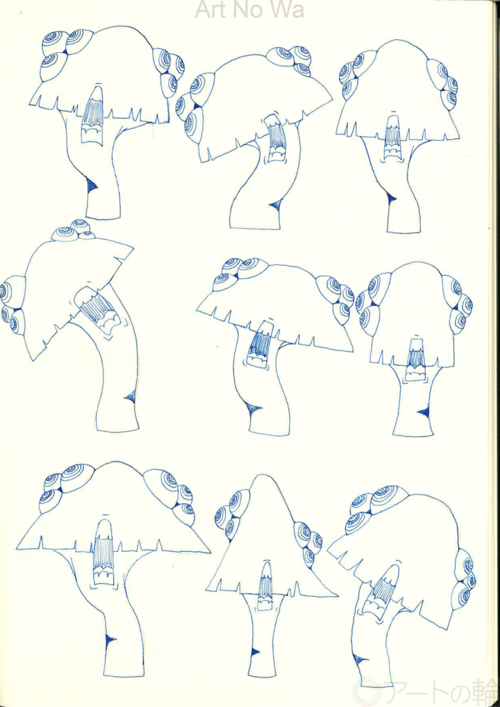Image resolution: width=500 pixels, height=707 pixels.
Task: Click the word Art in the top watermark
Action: tap(211, 9)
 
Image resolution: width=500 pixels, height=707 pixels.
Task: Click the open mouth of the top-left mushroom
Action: tap(94, 116)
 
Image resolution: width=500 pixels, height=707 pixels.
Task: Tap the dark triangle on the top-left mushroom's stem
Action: tap(92, 185)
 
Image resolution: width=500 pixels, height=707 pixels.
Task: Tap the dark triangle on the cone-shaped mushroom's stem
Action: tap(255, 651)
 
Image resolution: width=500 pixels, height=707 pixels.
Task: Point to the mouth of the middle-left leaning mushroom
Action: tap(98, 311)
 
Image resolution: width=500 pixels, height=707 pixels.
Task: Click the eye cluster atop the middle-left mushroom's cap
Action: tap(73, 230)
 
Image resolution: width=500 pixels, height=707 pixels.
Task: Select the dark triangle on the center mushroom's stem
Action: tap(254, 409)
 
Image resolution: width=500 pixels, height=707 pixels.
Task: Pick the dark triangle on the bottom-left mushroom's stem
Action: tap(109, 640)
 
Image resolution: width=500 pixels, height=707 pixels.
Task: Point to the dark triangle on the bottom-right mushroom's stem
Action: tap(359, 660)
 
